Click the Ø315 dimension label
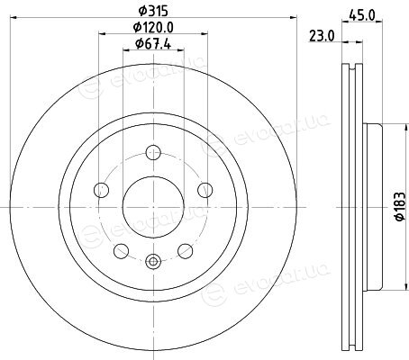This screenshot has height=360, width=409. click(153, 12)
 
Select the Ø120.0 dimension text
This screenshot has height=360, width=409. click(153, 28)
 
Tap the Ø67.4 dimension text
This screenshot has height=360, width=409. click(153, 44)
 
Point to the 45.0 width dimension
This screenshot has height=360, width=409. click(362, 14)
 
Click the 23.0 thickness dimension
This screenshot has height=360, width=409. click(322, 37)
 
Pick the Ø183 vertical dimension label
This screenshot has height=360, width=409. click(399, 207)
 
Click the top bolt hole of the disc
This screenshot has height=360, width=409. click(153, 152)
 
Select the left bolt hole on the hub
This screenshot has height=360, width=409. click(101, 190)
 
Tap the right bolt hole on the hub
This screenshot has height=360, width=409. click(205, 190)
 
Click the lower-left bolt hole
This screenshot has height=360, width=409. click(122, 251)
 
